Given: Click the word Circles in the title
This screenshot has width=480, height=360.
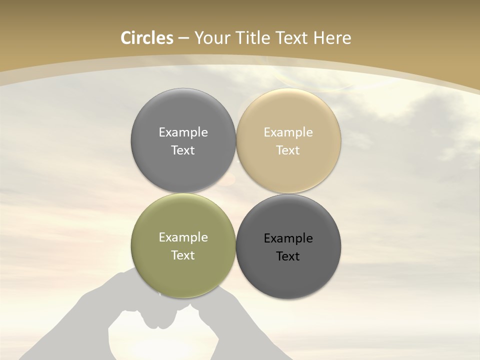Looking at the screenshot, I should point(147,38).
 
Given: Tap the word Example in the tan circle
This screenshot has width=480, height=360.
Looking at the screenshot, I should point(288,132).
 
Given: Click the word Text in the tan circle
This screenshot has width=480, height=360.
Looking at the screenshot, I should point(288,150).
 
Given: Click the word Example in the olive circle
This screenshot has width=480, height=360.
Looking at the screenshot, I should point(183,237).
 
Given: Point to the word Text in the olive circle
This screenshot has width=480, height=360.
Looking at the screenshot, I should point(183,255).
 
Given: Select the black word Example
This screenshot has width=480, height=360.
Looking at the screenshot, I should point(288,238).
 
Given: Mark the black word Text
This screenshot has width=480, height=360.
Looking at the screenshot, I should point(288,256).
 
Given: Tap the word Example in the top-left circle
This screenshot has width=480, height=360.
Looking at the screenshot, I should point(183,132).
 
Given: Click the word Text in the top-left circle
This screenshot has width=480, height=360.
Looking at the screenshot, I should point(183,150).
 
